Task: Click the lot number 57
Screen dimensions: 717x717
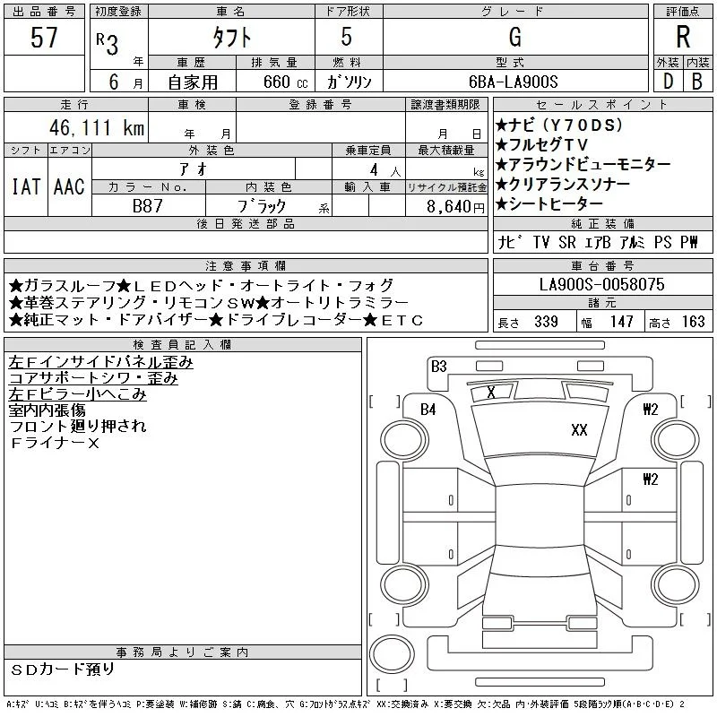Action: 44,37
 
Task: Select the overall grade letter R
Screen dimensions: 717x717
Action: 683,37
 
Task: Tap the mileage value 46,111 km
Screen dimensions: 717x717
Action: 97,127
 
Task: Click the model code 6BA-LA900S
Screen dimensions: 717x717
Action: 513,82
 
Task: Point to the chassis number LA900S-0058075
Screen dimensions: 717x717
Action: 601,284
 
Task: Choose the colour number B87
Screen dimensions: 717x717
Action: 147,206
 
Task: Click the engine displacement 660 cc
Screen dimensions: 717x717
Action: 285,82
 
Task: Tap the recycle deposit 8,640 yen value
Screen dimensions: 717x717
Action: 455,207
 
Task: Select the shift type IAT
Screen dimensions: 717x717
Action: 26,186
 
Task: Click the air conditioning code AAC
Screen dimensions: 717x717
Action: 69,186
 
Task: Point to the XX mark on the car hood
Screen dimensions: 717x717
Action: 579,430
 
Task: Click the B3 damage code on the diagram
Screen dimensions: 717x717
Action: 438,366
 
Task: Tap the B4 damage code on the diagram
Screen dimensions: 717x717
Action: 428,409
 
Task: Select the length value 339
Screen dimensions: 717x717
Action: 546,322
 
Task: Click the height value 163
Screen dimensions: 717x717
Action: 693,322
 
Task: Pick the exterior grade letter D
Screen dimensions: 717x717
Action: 668,82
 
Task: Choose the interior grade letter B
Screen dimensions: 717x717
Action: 697,82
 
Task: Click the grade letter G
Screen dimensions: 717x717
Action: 514,37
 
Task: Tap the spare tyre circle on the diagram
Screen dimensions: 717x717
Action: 392,654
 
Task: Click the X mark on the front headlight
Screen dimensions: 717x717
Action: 490,392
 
